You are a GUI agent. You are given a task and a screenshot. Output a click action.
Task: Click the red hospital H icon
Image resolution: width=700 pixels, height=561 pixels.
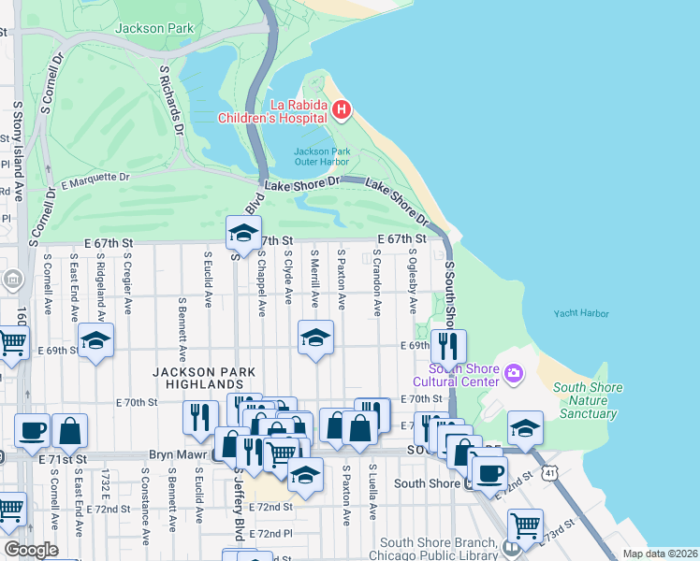tap(342, 111)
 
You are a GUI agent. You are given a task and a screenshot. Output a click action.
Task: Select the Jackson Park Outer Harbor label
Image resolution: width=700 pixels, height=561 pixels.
tap(321, 156)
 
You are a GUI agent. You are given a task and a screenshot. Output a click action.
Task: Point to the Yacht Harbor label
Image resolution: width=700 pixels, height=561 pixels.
tap(580, 314)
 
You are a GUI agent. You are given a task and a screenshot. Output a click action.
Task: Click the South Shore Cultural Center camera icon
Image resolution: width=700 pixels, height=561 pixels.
tap(513, 375)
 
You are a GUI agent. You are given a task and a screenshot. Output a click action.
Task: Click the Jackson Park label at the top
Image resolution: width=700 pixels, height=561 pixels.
tap(154, 28)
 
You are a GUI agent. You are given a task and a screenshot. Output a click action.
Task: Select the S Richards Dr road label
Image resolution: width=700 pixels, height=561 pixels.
tap(169, 98)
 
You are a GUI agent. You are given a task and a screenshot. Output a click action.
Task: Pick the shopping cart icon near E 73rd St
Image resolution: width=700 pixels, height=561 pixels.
tap(525, 525)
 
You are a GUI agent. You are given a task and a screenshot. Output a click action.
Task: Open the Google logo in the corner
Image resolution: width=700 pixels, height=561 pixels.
tap(31, 550)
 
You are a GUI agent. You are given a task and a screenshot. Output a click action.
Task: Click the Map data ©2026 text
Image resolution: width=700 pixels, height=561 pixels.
tap(660, 554)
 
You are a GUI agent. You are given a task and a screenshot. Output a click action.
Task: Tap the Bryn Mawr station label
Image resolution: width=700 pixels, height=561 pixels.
tap(178, 455)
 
